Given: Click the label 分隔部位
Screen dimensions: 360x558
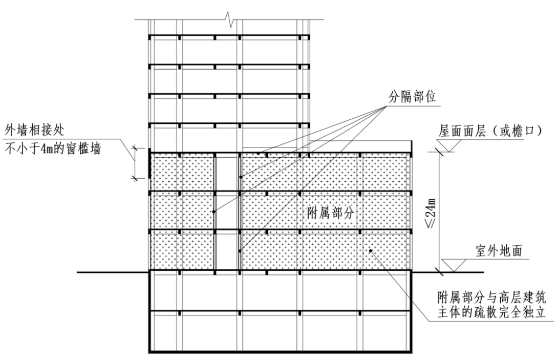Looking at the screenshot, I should point(412,97).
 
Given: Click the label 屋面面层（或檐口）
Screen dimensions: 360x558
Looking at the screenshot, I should point(489,131).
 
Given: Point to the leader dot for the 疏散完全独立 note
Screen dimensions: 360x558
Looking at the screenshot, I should point(372,250).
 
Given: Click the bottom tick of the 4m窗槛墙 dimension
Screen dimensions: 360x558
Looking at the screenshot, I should point(136,178).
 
